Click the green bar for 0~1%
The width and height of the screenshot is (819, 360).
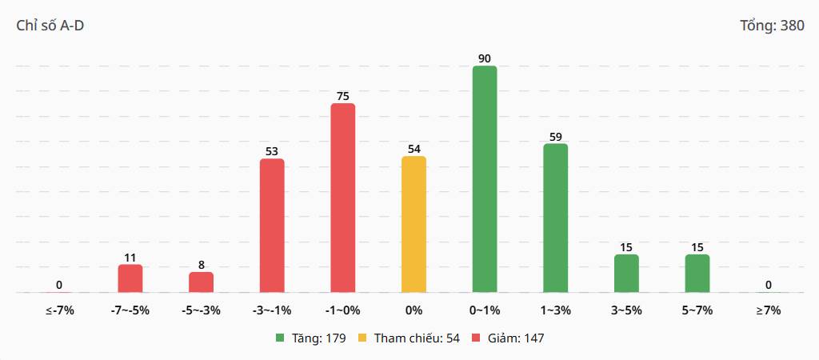[485, 179]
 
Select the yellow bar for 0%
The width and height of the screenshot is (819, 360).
[413, 224]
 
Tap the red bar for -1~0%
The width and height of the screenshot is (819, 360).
[342, 198]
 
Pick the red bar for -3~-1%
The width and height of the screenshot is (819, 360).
[272, 226]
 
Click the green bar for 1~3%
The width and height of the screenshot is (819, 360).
[556, 218]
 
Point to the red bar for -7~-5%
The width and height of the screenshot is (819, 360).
[130, 278]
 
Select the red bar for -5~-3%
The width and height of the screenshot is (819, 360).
[201, 282]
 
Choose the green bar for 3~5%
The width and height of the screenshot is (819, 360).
[626, 274]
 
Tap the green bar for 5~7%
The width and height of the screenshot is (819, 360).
[697, 274]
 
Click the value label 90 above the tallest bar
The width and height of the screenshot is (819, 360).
[485, 58]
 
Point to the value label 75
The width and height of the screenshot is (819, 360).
[342, 96]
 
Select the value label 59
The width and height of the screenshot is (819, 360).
[556, 137]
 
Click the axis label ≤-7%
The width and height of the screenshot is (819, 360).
[59, 310]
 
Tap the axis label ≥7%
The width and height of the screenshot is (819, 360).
[769, 310]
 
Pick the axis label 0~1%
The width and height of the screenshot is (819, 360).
[485, 310]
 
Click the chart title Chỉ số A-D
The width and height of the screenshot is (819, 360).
[50, 26]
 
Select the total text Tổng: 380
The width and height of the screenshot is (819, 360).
[773, 26]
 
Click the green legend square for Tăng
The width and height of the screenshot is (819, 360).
[281, 338]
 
